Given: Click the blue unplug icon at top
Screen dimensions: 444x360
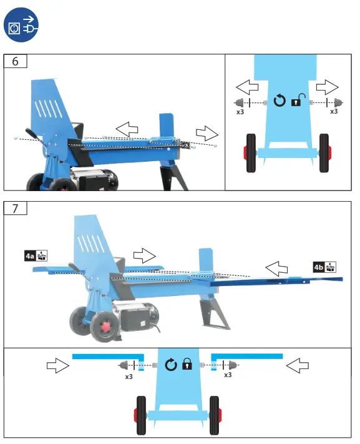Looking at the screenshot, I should (22, 27).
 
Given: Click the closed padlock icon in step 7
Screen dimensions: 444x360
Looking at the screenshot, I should (186, 364).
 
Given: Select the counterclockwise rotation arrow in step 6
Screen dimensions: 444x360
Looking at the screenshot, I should (280, 100).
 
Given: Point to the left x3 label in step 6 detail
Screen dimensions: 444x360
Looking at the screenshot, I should (240, 112).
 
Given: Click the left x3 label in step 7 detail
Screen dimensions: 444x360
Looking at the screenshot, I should (129, 377).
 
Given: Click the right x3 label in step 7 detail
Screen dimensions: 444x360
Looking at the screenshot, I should (228, 375).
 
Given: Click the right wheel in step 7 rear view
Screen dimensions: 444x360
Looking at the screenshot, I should (215, 415).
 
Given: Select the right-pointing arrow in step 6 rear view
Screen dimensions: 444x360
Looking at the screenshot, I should (326, 86).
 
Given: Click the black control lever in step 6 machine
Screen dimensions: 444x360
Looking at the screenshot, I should (34, 137).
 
